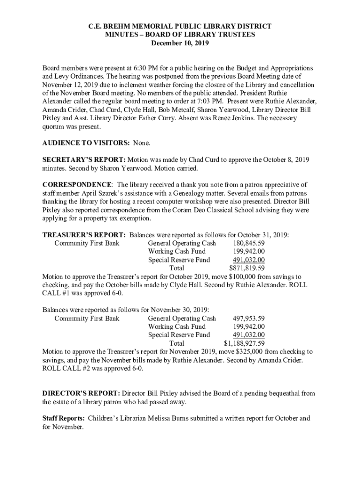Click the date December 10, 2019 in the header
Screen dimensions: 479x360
[180, 43]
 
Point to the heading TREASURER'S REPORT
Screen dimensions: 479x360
[84, 235]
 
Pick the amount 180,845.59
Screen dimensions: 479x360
[248, 243]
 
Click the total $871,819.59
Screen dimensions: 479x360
[247, 269]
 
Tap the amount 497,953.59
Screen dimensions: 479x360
[248, 319]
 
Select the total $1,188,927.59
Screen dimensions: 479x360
[244, 344]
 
